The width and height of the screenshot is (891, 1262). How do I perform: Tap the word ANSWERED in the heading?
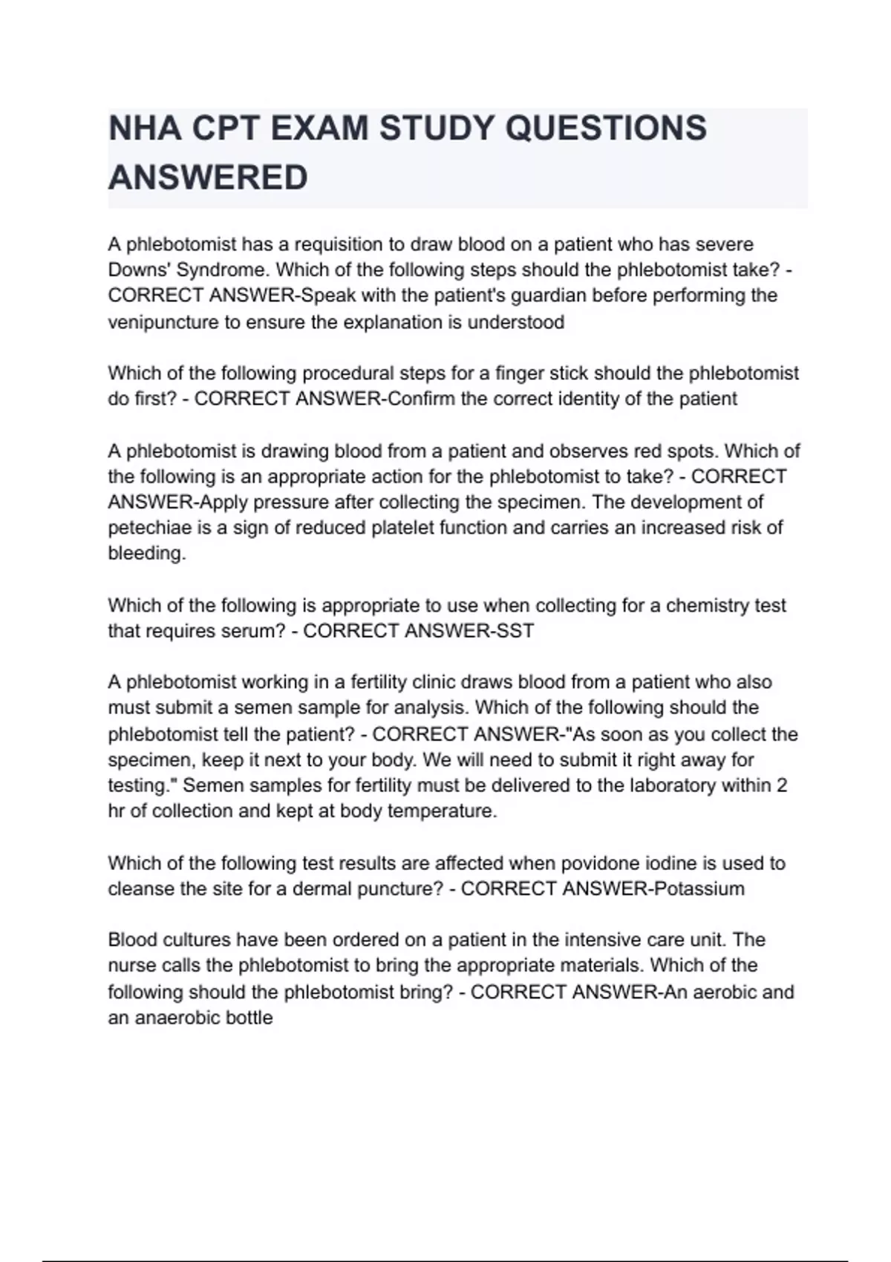208,178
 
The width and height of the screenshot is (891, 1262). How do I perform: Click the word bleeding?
147,554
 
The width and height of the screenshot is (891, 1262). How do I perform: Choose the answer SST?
512,631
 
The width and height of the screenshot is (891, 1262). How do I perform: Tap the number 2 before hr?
781,785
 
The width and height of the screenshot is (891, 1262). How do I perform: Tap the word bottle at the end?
253,1018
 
